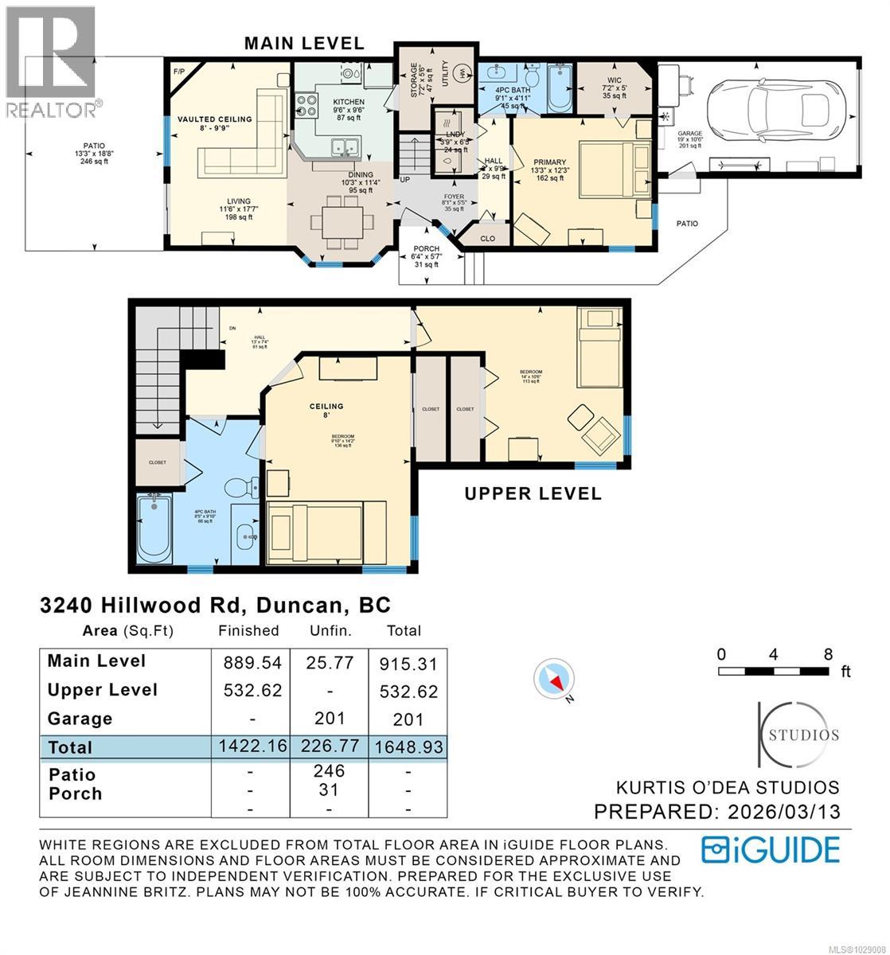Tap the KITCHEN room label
click(349, 102)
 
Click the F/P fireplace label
click(179, 72)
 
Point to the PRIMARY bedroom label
click(549, 163)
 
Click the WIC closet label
click(613, 80)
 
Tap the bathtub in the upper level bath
click(155, 528)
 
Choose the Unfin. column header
click(329, 630)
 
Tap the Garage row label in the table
click(80, 719)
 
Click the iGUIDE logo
click(771, 850)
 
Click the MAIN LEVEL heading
click(303, 44)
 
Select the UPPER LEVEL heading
click(533, 493)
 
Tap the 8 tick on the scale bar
click(828, 654)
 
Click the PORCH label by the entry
click(426, 250)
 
